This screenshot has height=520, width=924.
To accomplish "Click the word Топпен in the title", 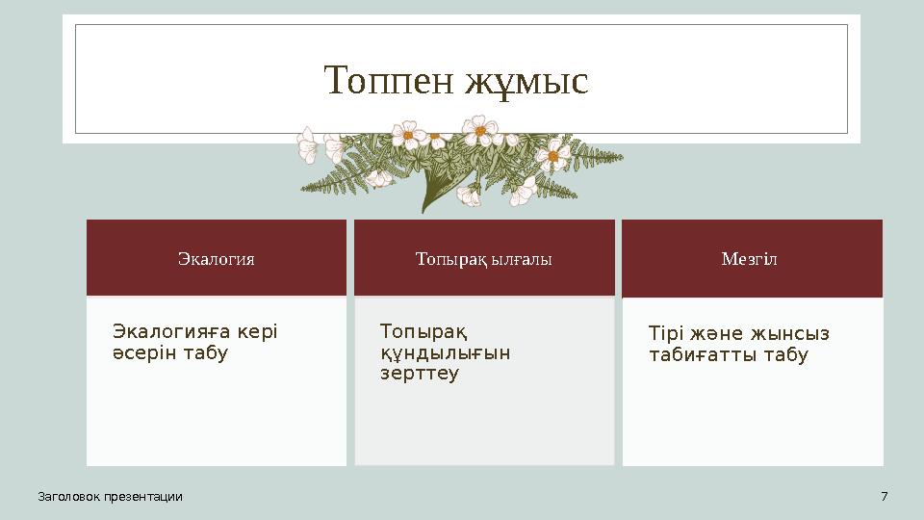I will [390, 81].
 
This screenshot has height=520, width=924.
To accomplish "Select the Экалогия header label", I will [217, 259].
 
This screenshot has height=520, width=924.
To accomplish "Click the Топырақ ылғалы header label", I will [484, 259].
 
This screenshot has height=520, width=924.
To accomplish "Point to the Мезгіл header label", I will [751, 259].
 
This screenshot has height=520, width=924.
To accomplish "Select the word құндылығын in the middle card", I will [446, 352].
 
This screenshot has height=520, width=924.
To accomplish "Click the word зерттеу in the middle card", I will [421, 374].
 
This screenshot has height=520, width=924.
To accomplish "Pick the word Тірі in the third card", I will [665, 333].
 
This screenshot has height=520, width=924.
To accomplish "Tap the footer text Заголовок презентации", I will [110, 496].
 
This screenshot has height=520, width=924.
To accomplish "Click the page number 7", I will [884, 496].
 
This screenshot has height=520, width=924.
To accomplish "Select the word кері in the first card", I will [257, 331].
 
